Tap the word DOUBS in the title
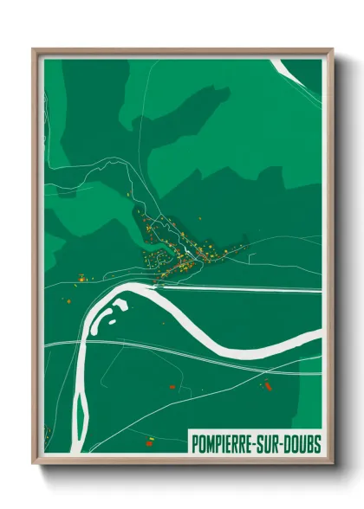tap(299, 444)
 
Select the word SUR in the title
tap(265, 444)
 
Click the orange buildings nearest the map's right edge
tap(267, 383)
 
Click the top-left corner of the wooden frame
tap(34, 50)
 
